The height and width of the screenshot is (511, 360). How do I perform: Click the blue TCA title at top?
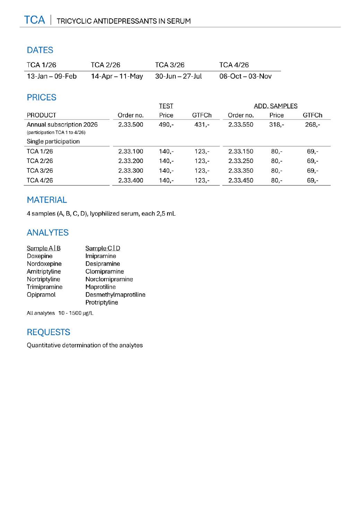point(34,20)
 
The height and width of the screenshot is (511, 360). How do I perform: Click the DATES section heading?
point(40,50)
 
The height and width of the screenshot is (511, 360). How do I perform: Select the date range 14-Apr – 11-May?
point(117,76)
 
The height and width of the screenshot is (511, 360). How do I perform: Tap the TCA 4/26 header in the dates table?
point(234,65)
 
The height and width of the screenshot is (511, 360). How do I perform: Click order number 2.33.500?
point(130,125)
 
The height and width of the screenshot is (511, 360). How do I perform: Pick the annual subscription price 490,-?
point(166,125)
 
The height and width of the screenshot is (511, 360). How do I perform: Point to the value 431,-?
point(202,125)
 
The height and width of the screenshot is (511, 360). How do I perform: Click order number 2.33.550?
point(241,125)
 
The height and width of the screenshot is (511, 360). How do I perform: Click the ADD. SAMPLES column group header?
point(275,106)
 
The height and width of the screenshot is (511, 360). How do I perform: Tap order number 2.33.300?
point(130,171)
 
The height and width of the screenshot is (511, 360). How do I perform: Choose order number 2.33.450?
point(241,181)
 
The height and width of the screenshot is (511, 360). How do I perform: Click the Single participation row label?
point(53,141)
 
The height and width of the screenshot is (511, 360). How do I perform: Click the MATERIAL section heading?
point(47,200)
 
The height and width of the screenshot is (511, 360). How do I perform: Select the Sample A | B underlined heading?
point(44,248)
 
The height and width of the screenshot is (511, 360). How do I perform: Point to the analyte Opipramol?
point(41,295)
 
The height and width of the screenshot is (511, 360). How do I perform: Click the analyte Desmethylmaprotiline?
point(115,295)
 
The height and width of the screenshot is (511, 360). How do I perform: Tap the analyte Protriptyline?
point(102,302)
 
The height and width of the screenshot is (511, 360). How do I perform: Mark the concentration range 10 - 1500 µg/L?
point(76,313)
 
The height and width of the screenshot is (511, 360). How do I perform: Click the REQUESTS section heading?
point(49,332)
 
